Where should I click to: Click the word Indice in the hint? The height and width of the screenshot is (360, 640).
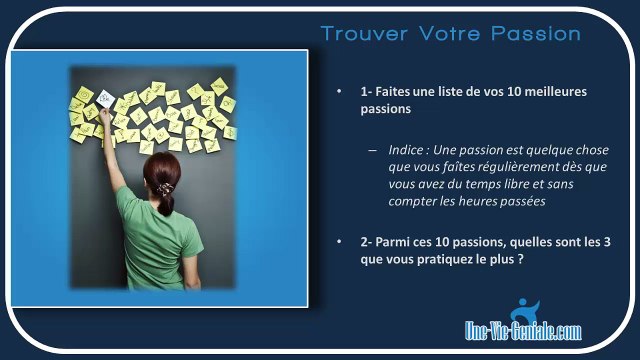pyautogui.click(x=408, y=149)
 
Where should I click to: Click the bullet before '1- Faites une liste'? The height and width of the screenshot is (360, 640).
pyautogui.click(x=339, y=91)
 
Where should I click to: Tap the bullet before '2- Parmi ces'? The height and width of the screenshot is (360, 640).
pyautogui.click(x=339, y=241)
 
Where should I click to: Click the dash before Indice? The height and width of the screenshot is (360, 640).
pyautogui.click(x=371, y=149)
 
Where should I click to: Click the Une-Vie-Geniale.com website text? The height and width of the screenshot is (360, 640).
pyautogui.click(x=522, y=329)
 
